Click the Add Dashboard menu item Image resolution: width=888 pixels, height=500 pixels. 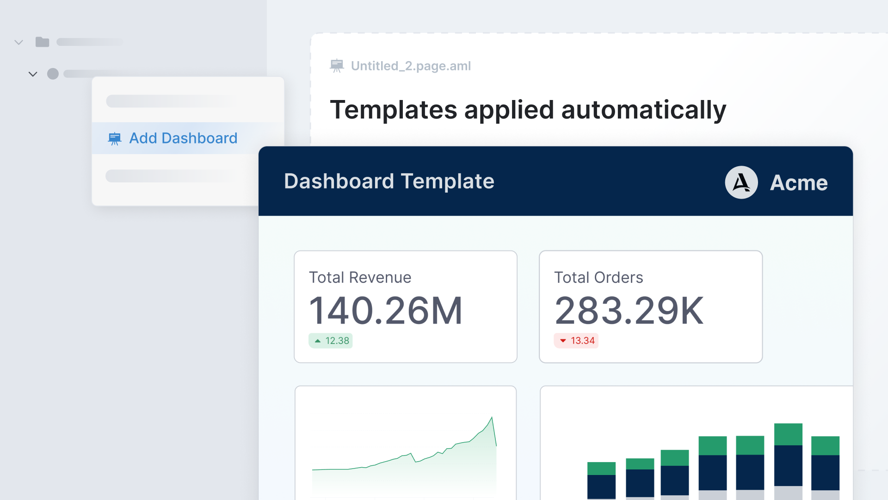[183, 138]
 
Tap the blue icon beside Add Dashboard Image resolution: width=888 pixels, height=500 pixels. [114, 138]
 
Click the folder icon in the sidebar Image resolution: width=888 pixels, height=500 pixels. [42, 42]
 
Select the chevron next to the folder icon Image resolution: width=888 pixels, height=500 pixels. [19, 43]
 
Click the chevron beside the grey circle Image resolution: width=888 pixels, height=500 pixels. [33, 74]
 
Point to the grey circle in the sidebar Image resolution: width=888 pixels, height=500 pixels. [53, 74]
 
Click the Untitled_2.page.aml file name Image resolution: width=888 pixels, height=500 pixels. [411, 66]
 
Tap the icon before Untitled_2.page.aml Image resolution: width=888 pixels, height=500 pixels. [337, 66]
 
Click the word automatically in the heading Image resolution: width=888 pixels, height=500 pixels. [643, 110]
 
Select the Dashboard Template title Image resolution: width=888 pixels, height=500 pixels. [389, 181]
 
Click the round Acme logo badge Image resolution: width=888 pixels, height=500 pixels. [741, 182]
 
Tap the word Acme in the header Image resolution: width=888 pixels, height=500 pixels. [799, 183]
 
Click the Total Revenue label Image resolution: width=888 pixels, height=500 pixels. [360, 277]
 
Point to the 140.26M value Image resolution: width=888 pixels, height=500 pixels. [385, 311]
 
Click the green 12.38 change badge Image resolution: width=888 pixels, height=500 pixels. [331, 341]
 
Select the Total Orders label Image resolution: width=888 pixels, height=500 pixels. [598, 277]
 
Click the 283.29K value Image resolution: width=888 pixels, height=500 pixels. [629, 311]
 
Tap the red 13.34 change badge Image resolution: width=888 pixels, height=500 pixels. [576, 341]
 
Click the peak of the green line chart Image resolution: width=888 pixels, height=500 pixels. [492, 418]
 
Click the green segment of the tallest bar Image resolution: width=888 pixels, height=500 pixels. [788, 434]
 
